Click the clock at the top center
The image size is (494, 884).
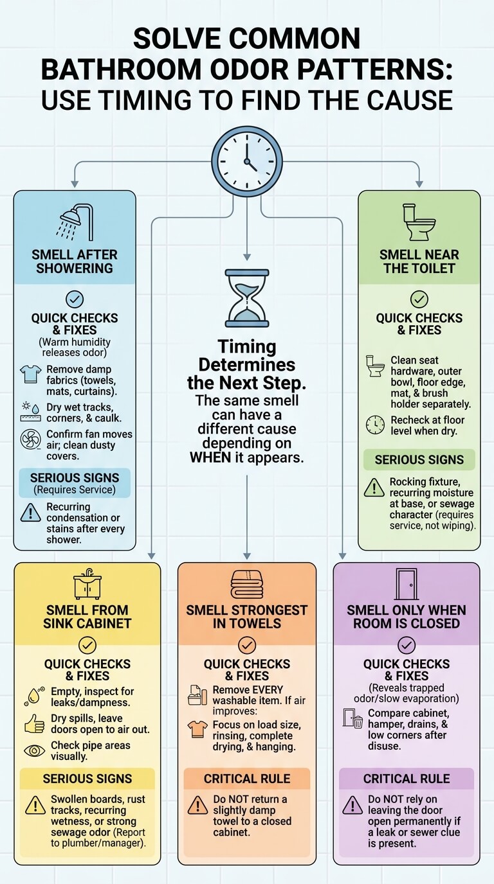(247, 161)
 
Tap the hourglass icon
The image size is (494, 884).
(247, 298)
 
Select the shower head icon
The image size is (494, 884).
(77, 222)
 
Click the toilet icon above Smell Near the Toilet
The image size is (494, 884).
(419, 222)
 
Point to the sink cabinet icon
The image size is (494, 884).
(87, 584)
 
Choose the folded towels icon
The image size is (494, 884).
(247, 585)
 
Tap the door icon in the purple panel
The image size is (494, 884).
(407, 584)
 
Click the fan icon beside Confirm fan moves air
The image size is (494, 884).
(30, 439)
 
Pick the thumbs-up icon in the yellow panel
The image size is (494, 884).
(35, 723)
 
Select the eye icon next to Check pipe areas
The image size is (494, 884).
(35, 750)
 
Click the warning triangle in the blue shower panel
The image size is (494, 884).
(30, 513)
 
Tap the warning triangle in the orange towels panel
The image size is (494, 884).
(198, 805)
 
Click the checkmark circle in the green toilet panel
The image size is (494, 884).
(419, 299)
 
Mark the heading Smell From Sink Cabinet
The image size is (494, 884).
(87, 617)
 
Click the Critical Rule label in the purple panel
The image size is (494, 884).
(407, 778)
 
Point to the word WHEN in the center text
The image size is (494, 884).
(210, 457)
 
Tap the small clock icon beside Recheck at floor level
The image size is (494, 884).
(375, 425)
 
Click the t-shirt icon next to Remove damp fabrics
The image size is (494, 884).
(30, 374)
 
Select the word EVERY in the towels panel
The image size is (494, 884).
(264, 689)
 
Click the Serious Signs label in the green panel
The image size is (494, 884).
(419, 460)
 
